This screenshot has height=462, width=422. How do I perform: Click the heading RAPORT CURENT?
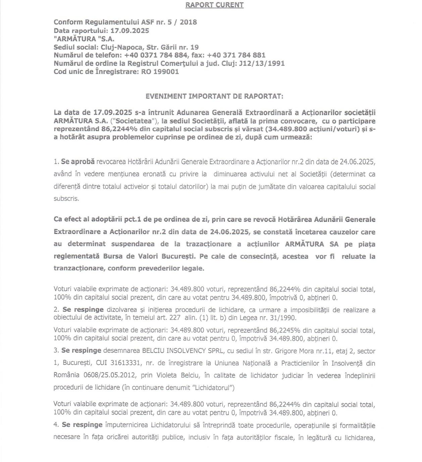pos(214,5)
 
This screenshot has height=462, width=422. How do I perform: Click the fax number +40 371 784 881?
pos(236,55)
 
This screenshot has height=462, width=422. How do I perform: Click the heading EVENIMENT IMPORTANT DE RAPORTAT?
pos(214,96)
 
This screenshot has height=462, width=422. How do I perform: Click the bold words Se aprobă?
pos(78,162)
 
